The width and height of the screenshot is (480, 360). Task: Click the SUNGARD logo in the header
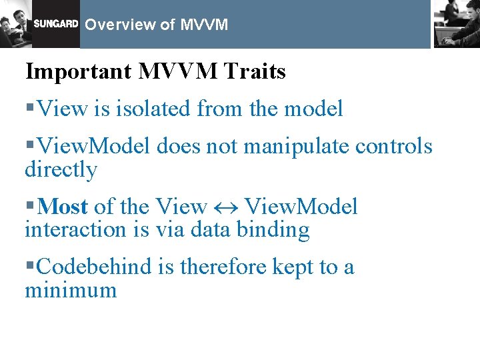(56, 24)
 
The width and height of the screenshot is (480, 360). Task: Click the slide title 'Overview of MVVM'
(157, 25)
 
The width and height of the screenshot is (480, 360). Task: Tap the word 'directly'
(61, 170)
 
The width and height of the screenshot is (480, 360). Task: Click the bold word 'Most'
(63, 207)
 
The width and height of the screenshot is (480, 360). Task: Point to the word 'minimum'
(70, 290)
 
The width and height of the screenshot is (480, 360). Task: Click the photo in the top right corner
(456, 23)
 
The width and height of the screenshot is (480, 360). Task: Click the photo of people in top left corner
(16, 24)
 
